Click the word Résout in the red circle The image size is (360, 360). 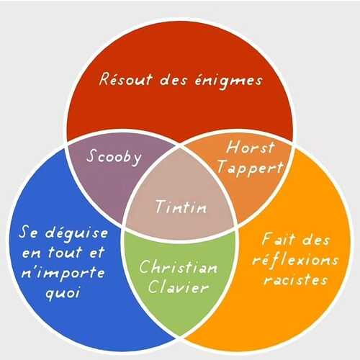(x=125, y=79)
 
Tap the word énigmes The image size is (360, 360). (x=228, y=81)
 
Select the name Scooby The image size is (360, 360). (x=114, y=157)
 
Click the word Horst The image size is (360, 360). (x=250, y=147)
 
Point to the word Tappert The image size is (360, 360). (x=250, y=168)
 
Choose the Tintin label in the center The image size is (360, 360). (x=181, y=207)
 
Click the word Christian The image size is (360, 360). (x=178, y=267)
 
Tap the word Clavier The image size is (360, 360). (x=178, y=287)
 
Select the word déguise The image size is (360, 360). (x=76, y=233)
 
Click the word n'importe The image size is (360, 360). (x=63, y=273)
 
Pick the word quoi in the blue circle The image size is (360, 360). (x=63, y=293)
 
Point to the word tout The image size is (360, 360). (x=66, y=253)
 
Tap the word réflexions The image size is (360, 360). (x=295, y=260)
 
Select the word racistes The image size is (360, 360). (x=295, y=279)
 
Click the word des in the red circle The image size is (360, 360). (x=173, y=79)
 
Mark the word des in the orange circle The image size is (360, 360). (x=315, y=239)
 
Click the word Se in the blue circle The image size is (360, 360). (x=28, y=232)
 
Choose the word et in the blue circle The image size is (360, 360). (x=97, y=253)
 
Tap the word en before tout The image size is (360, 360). (x=32, y=254)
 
